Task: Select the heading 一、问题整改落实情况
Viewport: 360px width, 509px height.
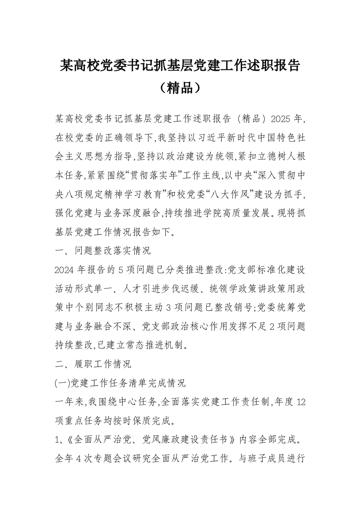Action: point(102,250)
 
